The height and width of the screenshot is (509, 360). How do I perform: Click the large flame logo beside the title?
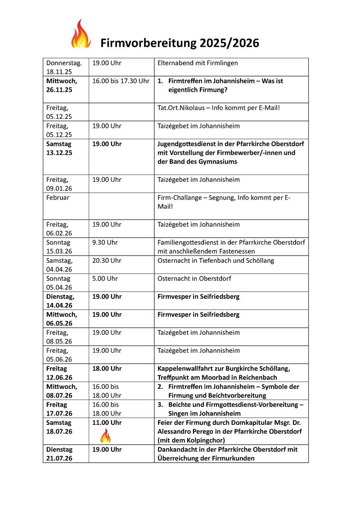[x=81, y=34]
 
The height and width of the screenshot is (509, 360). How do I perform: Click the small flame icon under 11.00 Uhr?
[x=105, y=436]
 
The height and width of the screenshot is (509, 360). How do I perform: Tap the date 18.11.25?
[x=56, y=72]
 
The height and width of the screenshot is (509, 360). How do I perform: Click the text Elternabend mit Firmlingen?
[x=198, y=63]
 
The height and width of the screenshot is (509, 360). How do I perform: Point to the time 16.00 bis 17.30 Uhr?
[x=121, y=81]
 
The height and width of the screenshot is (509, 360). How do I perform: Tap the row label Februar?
[x=58, y=198]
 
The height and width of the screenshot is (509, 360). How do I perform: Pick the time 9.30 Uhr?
[x=105, y=243]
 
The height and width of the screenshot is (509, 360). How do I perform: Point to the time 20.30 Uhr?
[x=107, y=261]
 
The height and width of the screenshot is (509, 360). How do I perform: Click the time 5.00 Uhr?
[x=105, y=279]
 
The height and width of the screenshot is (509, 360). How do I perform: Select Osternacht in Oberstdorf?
[x=194, y=279]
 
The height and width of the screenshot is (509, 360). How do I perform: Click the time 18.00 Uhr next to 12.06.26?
[x=107, y=369]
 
